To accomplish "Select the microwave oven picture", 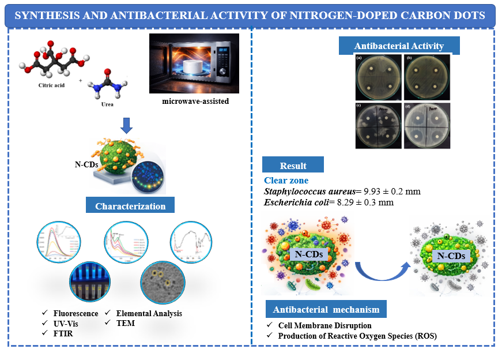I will click(194, 63).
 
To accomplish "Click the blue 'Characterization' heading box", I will click(130, 206).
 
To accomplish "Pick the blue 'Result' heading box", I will click(293, 166).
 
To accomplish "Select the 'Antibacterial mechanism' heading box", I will click(326, 310).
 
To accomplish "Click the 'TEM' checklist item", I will click(126, 324).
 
